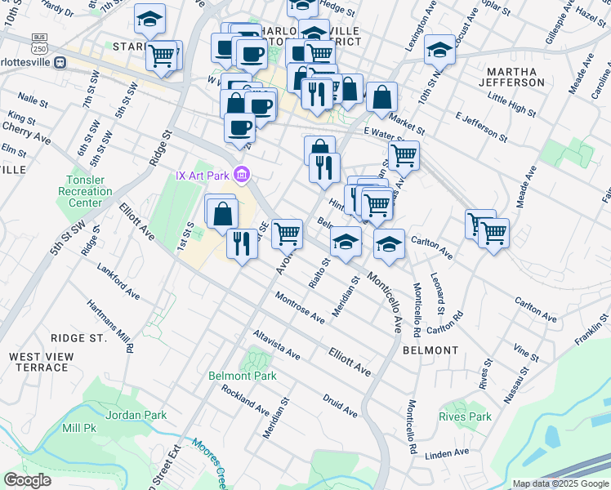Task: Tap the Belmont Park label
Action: pos(243,376)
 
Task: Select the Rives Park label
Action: pos(465,416)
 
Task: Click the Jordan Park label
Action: pos(136,415)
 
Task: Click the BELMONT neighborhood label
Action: pos(430,350)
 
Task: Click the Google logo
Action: pos(28,480)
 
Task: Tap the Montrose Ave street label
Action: pos(301,307)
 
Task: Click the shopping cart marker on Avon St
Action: pos(287,234)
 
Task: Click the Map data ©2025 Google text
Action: pos(560,483)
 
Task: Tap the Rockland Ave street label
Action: pos(245,398)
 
